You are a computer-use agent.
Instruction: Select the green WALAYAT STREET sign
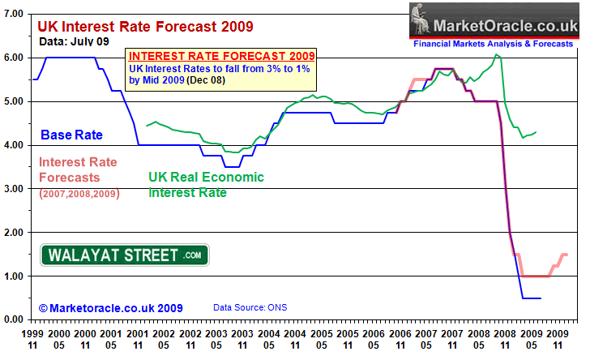pos(125,255)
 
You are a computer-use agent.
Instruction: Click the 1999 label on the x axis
pos(32,334)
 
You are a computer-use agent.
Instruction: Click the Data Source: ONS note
pos(249,308)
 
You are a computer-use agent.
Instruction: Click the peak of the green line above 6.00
pos(496,55)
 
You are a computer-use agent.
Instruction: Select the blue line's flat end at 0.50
pos(532,298)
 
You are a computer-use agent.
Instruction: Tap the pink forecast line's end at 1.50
pos(565,255)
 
